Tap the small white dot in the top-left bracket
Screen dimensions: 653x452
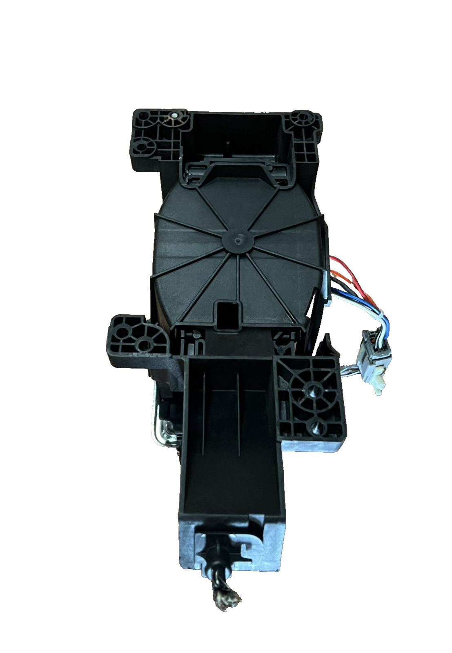[x=175, y=116]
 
